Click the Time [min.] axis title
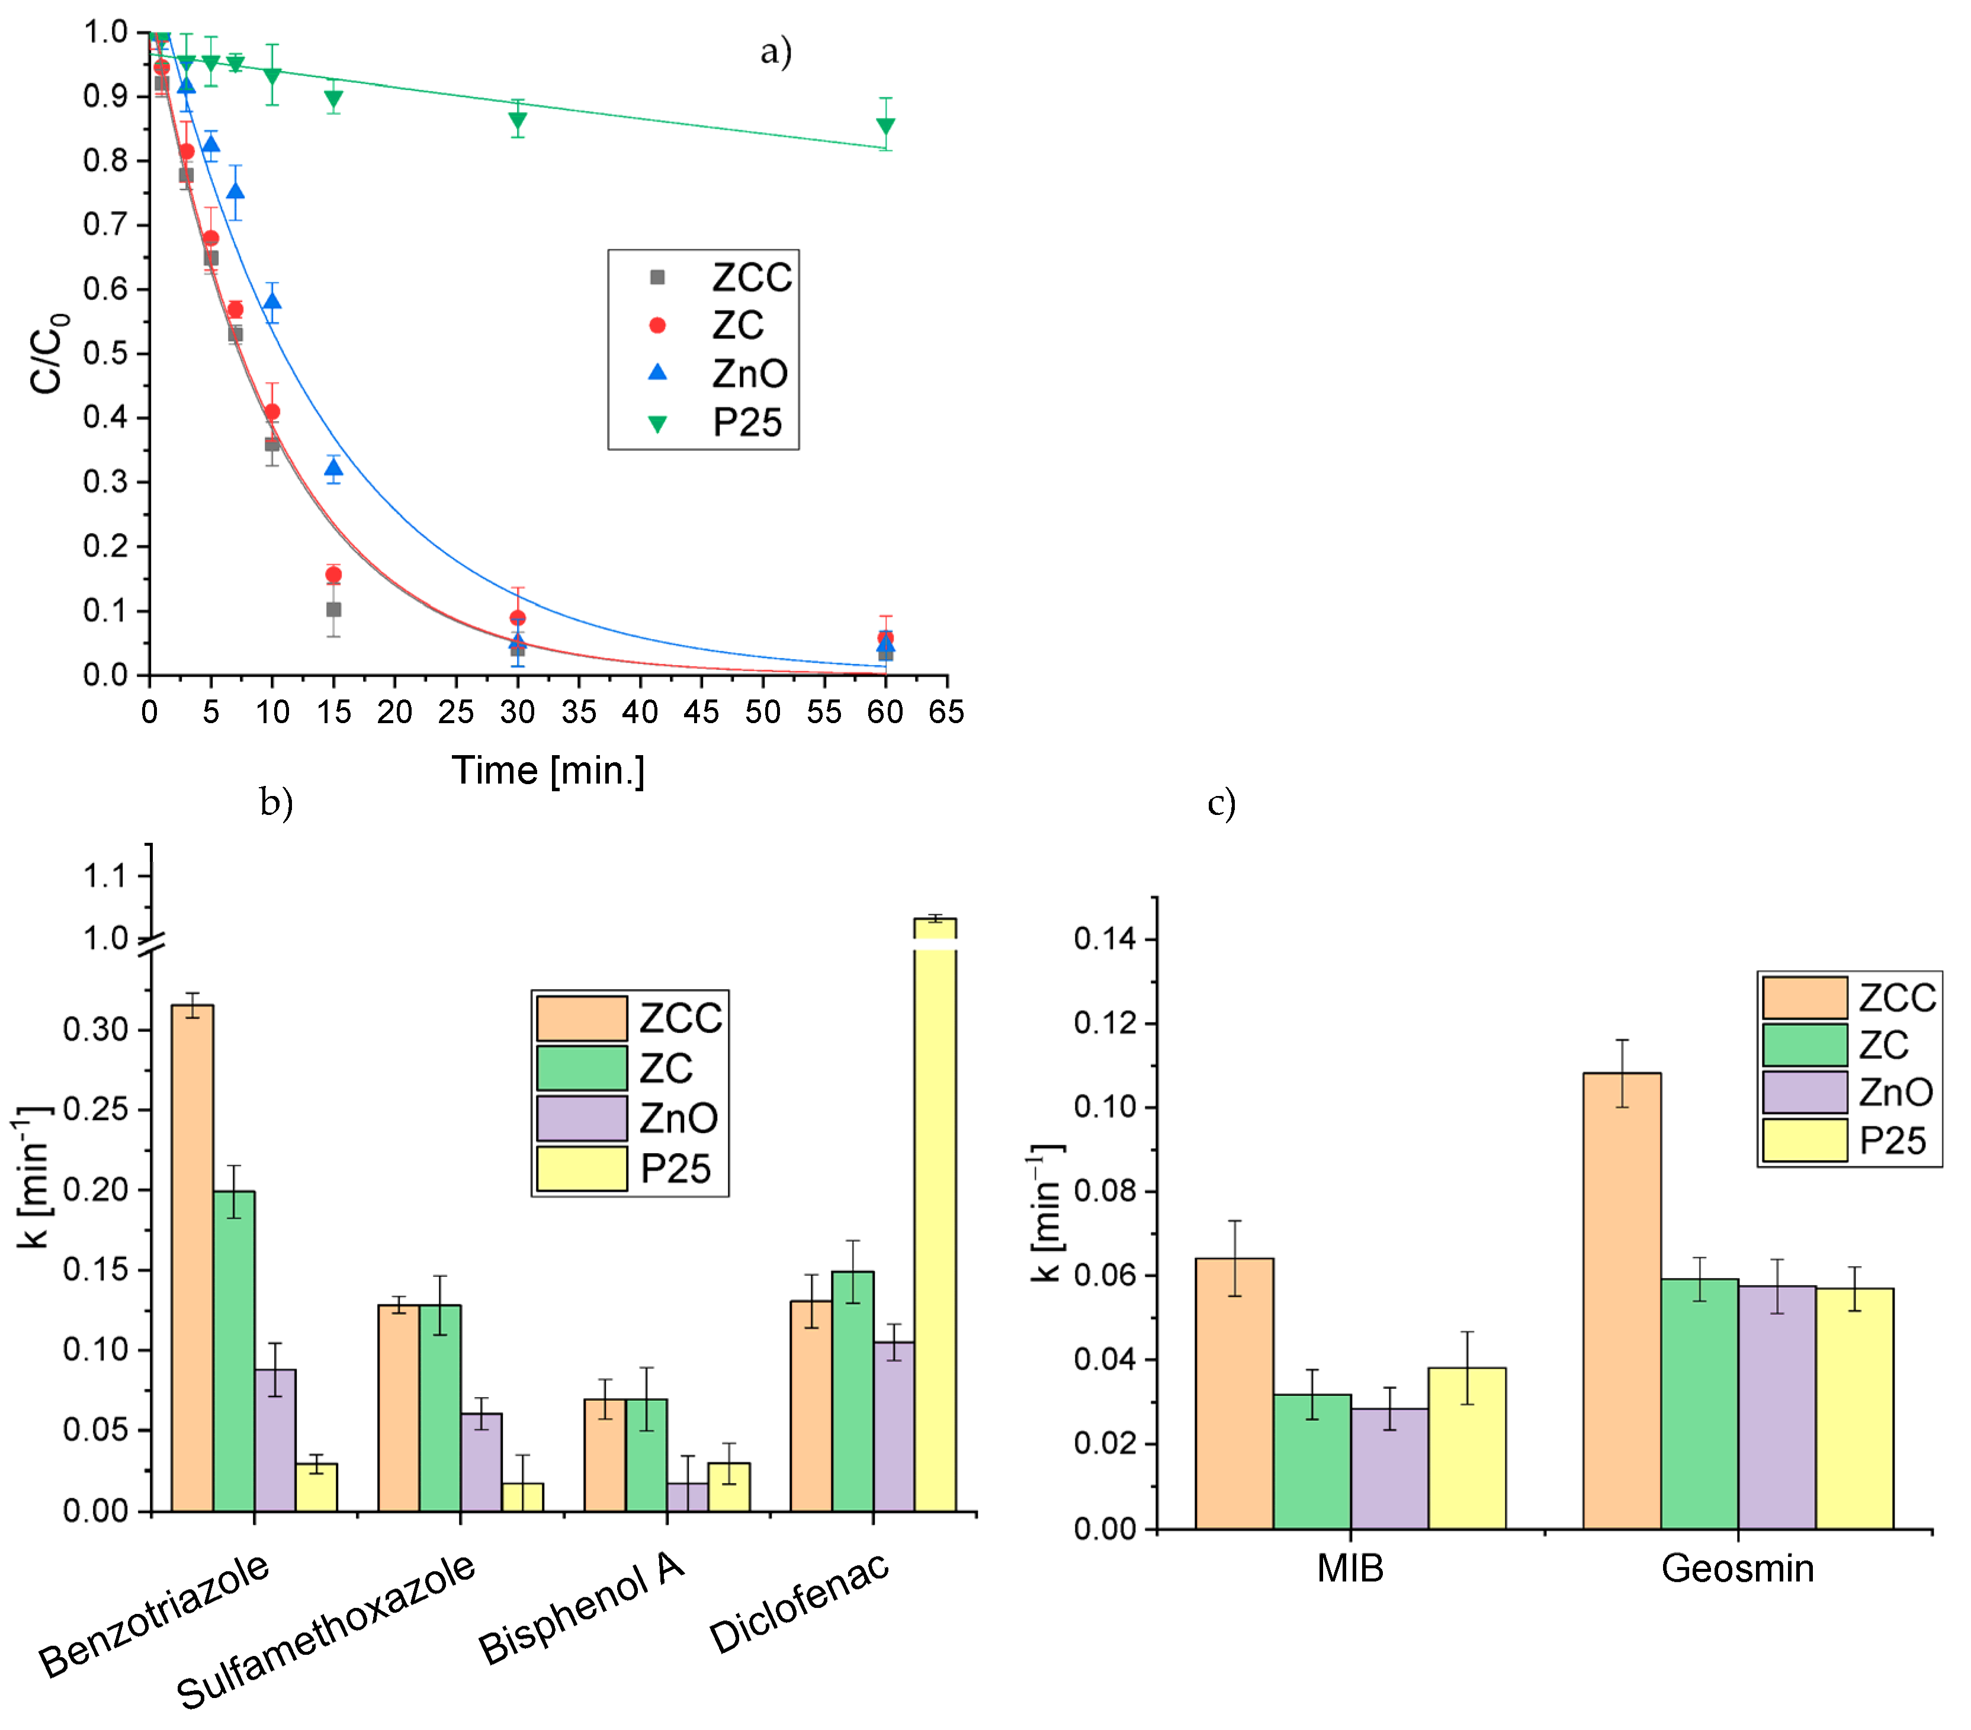[x=548, y=771]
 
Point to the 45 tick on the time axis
[x=701, y=712]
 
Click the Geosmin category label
[x=1736, y=1569]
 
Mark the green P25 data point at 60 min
[x=885, y=126]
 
